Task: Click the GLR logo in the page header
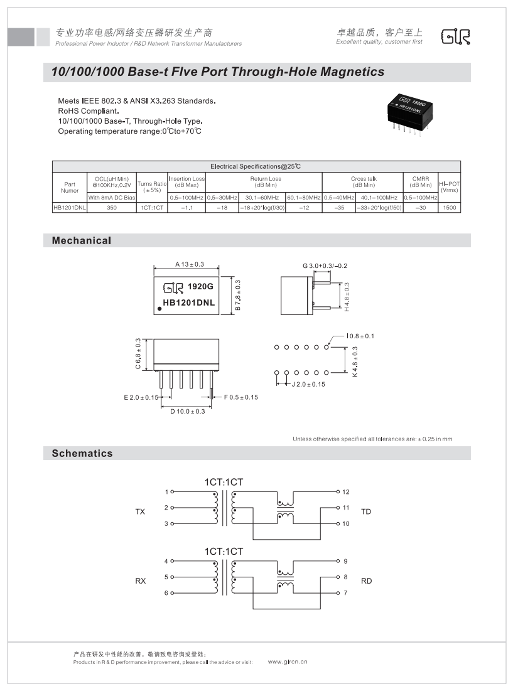[x=455, y=37]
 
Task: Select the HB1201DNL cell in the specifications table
[x=69, y=207]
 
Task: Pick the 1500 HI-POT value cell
[x=449, y=207]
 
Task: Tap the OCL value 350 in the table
[x=112, y=207]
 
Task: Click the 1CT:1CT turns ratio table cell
[x=152, y=207]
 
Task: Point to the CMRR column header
[x=420, y=181]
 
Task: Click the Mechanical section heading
[x=82, y=240]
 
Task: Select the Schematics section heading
[x=82, y=453]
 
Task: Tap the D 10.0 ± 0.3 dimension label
[x=187, y=411]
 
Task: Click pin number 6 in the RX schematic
[x=166, y=593]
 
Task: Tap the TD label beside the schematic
[x=366, y=512]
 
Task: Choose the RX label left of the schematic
[x=140, y=581]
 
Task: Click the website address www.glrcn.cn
[x=288, y=662]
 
